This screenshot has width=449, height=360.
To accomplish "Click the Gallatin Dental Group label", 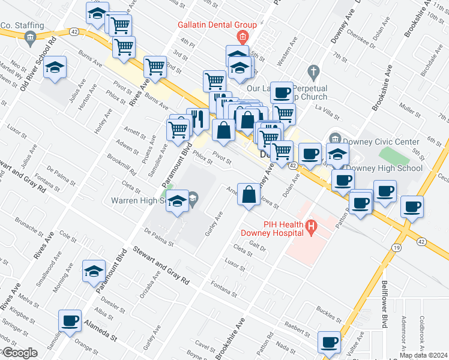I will point(217,25).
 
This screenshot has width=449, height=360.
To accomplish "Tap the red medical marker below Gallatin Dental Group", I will point(242,37).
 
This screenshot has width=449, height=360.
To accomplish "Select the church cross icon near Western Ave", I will point(312,72).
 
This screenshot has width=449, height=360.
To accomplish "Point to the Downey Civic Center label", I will point(382,142).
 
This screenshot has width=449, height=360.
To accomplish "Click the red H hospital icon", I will point(311,226).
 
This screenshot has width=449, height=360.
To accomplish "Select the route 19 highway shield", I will point(397,247).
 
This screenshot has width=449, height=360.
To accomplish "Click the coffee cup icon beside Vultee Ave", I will point(329,342).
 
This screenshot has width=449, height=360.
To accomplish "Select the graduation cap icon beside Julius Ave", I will point(55,68).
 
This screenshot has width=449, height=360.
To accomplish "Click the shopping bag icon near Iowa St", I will point(249,194).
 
